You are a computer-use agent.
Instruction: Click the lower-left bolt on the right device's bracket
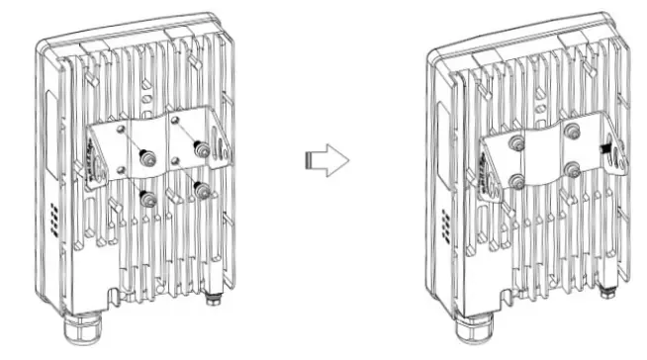tap(515, 182)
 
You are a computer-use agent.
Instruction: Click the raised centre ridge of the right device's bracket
tap(543, 158)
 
